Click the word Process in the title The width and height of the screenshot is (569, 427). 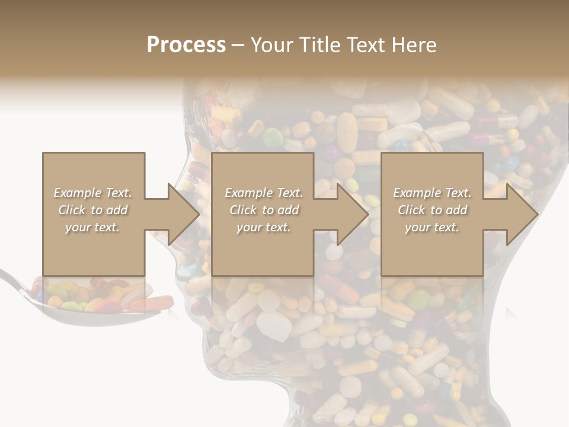(x=186, y=45)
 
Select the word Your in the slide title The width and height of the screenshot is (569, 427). (x=272, y=45)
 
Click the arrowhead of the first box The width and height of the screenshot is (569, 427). (x=184, y=214)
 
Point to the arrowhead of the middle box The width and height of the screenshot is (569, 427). (x=353, y=214)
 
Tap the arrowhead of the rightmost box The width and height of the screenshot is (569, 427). (x=522, y=214)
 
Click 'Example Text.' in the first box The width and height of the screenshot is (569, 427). (x=93, y=193)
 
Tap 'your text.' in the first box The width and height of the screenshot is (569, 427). (x=93, y=227)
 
